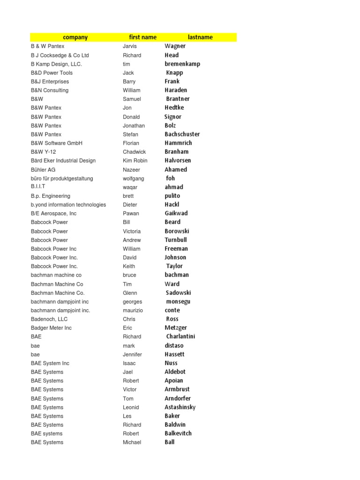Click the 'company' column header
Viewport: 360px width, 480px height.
tap(75, 37)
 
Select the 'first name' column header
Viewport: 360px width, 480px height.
tap(143, 37)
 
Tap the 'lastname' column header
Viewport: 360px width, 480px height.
tap(200, 37)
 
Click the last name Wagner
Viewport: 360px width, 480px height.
tap(175, 46)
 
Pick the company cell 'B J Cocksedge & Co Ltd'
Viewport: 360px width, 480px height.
tap(60, 55)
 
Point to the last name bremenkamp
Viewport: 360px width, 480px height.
tap(182, 64)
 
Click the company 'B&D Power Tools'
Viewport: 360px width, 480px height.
tap(52, 73)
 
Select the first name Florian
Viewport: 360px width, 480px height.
tap(131, 143)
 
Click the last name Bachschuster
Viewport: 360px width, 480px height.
tap(182, 134)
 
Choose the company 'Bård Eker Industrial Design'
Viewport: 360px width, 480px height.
tap(63, 160)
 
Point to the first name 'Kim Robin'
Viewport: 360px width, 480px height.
tap(135, 160)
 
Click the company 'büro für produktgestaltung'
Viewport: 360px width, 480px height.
tap(62, 178)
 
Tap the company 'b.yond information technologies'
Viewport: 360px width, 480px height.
tap(68, 204)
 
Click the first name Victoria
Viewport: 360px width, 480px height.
tap(132, 231)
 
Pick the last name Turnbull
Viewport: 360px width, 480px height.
tap(176, 240)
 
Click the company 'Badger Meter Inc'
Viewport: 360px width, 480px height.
tap(52, 328)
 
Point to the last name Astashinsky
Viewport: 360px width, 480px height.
tap(180, 407)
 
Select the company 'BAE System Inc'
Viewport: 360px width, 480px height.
tap(50, 363)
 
